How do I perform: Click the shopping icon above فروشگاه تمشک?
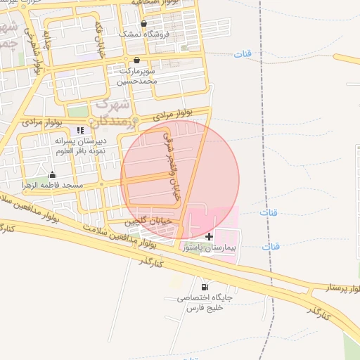click(143, 23)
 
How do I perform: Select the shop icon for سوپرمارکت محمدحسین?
click(136, 60)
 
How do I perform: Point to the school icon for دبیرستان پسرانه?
click(80, 130)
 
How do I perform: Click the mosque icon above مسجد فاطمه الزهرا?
click(52, 174)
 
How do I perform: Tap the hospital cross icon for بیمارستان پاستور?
click(208, 236)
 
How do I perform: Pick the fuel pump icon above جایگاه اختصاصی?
click(205, 287)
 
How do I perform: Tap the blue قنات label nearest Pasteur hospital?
click(271, 247)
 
